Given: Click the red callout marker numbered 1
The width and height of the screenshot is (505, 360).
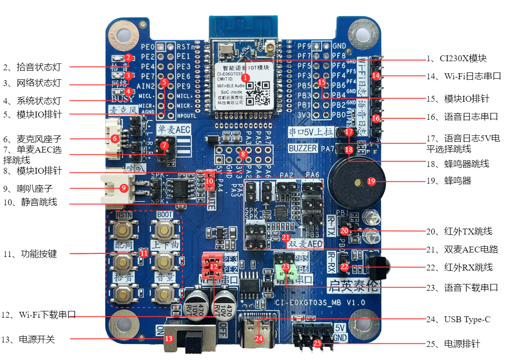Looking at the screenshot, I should coord(245,78).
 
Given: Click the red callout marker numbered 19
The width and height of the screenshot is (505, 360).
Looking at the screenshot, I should coord(371,181).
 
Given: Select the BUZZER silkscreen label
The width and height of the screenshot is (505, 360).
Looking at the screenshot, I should coord(303,148).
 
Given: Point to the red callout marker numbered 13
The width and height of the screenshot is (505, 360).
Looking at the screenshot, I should coord(168,339).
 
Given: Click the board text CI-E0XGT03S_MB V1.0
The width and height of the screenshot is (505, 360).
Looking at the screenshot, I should coord(320,302).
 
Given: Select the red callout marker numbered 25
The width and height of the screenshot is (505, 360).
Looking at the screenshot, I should coord(317,344).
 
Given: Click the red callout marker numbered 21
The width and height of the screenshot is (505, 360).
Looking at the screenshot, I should coord(286,237).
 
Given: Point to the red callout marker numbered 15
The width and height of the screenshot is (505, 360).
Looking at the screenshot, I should coord(321,82).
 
